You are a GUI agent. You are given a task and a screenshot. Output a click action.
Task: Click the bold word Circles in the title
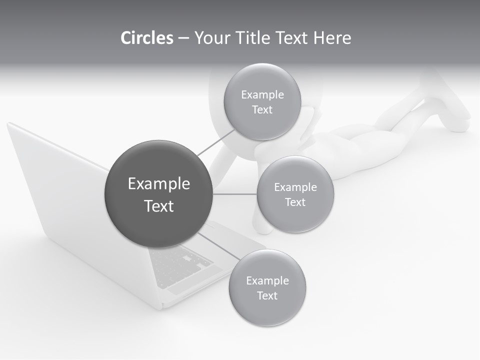tap(146, 38)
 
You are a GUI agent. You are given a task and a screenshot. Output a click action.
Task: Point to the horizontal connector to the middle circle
tap(235, 194)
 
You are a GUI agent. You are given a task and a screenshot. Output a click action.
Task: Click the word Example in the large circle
tap(159, 184)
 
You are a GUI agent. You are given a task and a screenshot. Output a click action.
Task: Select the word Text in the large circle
tap(159, 206)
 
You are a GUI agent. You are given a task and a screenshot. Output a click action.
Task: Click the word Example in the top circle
tap(262, 94)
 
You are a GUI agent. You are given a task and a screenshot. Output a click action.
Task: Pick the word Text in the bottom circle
tap(267, 295)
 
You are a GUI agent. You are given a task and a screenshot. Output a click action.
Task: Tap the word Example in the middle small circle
tap(295, 187)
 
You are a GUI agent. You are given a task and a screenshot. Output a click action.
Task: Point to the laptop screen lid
tap(60, 190)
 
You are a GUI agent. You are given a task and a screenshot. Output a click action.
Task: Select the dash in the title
tap(183, 38)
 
